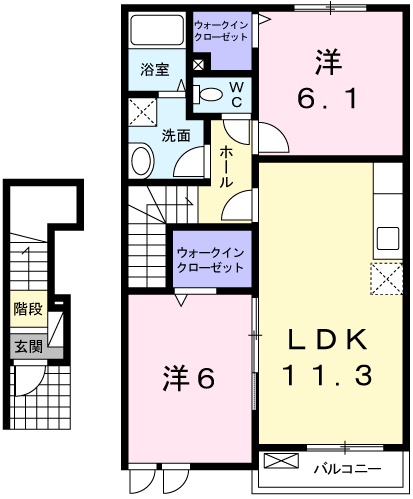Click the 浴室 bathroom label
tap(155, 70)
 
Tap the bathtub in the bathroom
tap(157, 30)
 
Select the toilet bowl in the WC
tap(208, 94)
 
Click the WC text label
tap(237, 95)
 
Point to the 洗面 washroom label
tap(176, 136)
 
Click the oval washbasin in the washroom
tap(142, 162)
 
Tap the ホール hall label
tap(226, 167)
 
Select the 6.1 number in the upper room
tap(327, 99)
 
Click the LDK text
tap(328, 339)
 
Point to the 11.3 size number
tap(327, 375)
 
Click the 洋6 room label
tap(189, 379)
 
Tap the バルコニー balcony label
tap(347, 469)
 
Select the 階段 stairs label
tap(28, 309)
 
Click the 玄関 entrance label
tap(29, 347)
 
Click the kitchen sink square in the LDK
tap(388, 239)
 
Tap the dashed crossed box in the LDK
tap(387, 279)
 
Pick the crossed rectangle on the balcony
tap(281, 461)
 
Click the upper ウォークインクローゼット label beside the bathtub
tap(221, 31)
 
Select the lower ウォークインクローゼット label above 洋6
tap(211, 260)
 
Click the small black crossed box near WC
tap(198, 64)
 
